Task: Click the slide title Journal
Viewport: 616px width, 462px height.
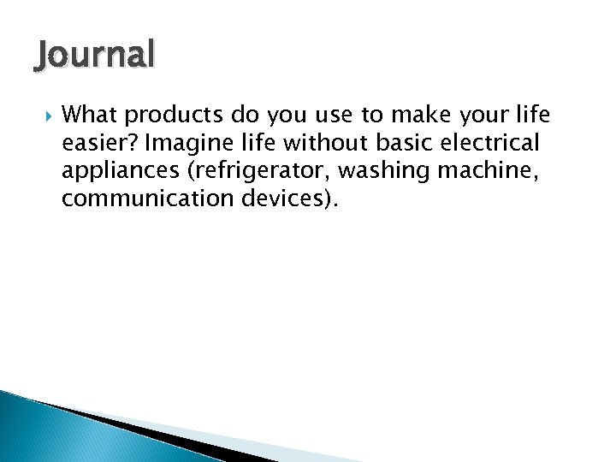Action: click(95, 56)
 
